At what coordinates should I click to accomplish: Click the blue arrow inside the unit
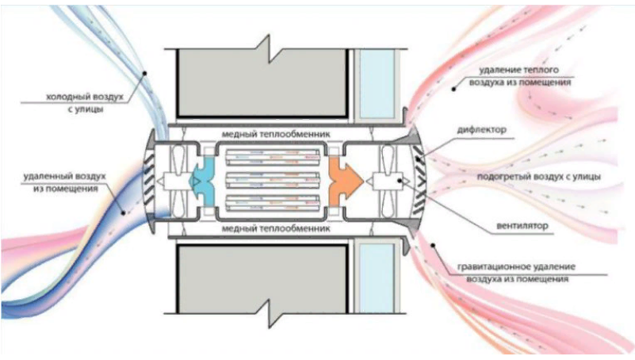(202, 182)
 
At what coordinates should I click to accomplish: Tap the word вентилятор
(522, 226)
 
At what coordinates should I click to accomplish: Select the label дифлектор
(482, 130)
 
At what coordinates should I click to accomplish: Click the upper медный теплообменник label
(276, 134)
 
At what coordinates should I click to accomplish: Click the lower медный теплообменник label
(276, 229)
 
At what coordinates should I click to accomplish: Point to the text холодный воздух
(85, 98)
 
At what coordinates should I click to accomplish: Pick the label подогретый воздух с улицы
(538, 177)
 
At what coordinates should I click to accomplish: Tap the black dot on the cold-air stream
(144, 73)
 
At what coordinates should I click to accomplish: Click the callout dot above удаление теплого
(453, 89)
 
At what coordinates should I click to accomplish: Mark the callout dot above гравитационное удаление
(433, 245)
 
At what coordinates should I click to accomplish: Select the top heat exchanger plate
(273, 157)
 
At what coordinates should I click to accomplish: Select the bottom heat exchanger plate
(273, 203)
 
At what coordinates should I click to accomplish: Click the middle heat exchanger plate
(273, 180)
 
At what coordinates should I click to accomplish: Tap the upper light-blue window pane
(377, 84)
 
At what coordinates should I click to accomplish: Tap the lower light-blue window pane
(377, 278)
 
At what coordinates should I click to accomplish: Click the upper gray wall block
(262, 82)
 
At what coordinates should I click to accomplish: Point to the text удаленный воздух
(64, 177)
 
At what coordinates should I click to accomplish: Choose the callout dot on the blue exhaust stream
(124, 213)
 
